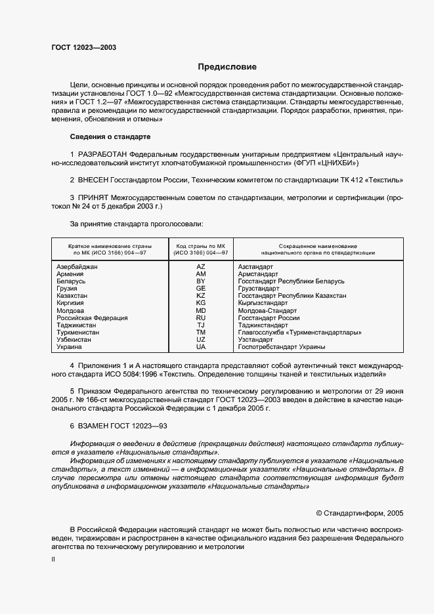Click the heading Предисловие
click(x=228, y=67)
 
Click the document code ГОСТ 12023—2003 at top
click(x=84, y=48)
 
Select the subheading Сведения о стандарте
click(x=110, y=136)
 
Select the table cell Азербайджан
click(x=77, y=267)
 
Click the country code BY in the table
click(x=201, y=281)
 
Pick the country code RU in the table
click(x=201, y=317)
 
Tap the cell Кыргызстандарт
click(x=267, y=303)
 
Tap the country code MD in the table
click(x=201, y=310)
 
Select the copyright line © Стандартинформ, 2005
click(x=361, y=512)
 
